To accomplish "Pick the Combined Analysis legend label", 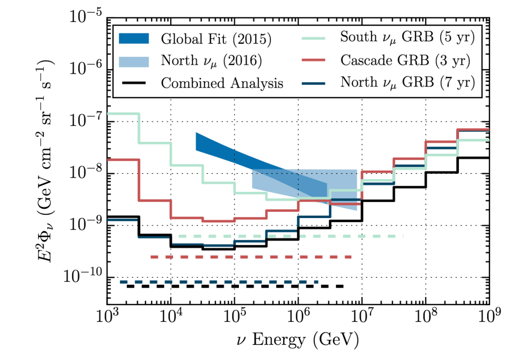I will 222,83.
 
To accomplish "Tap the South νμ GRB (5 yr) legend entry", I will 407,38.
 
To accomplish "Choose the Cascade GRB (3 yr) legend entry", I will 406,60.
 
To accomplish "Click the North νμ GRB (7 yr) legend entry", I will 407,83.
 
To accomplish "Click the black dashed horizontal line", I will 235,286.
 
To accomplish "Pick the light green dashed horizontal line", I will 292,236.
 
